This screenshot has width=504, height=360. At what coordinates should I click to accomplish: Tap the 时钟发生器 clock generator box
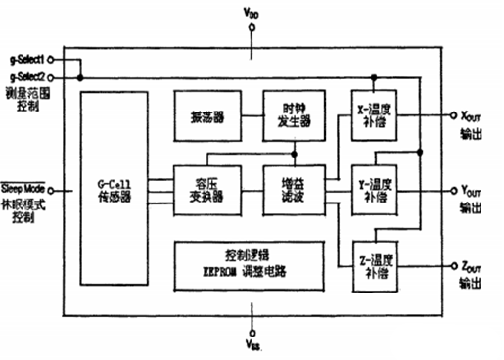[x=293, y=114]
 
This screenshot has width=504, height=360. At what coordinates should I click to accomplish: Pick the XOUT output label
[x=474, y=114]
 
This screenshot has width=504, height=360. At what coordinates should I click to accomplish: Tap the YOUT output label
[x=474, y=191]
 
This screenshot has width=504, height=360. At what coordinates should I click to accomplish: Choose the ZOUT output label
[x=474, y=265]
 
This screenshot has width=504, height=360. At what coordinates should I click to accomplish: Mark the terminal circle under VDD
[x=253, y=27]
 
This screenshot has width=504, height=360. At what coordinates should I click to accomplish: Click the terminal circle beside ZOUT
[x=449, y=266]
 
